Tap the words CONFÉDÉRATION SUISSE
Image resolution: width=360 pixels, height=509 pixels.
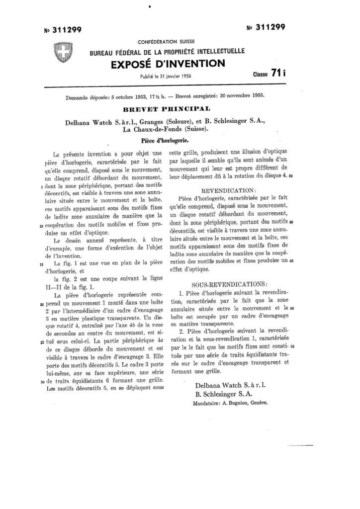tap(166, 42)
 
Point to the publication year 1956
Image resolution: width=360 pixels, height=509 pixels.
tap(185, 75)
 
